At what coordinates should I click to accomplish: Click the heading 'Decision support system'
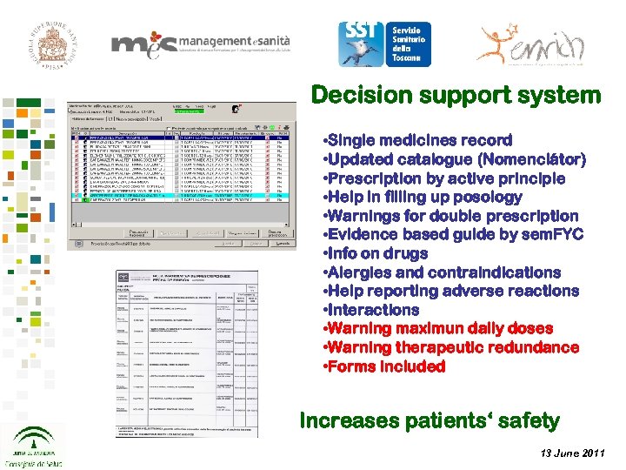click(x=455, y=95)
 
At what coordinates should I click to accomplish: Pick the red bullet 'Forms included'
click(x=383, y=366)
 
